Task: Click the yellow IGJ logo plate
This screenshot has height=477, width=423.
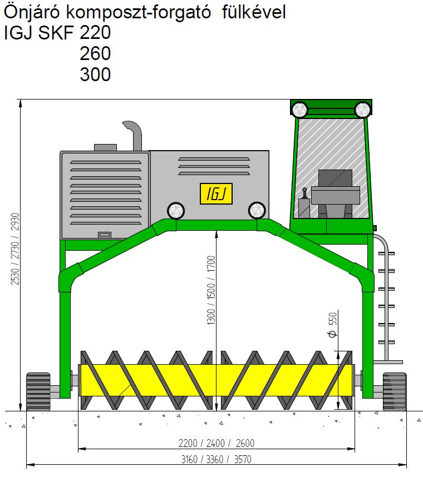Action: [216, 193]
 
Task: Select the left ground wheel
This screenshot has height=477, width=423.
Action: [38, 391]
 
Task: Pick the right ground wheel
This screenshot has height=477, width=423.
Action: [395, 391]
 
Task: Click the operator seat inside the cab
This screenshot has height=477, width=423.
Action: [335, 193]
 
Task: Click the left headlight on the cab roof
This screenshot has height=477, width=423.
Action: [299, 110]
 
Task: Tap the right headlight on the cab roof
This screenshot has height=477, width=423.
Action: [362, 110]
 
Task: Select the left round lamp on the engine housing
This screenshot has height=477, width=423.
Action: [176, 211]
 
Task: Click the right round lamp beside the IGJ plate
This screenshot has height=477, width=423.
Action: [257, 211]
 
